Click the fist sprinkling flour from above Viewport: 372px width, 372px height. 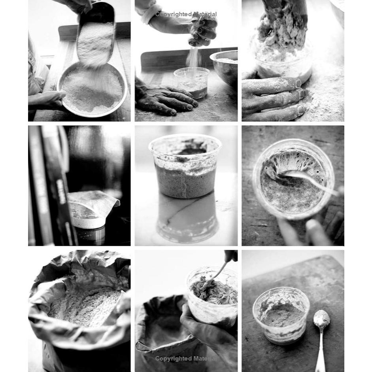203,31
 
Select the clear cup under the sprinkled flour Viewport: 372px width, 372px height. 192,83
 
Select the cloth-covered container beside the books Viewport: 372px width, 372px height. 91,209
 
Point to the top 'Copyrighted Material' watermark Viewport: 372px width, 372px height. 186,14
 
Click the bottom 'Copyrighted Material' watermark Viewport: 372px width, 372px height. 186,359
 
